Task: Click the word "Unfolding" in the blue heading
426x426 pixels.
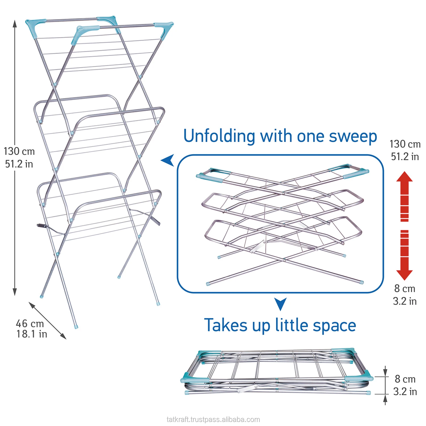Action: pos(219,136)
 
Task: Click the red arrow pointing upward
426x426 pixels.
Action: pos(404,196)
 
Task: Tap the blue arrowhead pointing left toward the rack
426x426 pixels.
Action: pos(168,160)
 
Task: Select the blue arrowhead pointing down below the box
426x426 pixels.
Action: pos(280,304)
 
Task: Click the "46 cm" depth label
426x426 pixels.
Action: pos(30,323)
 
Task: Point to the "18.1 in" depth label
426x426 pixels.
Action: pos(32,334)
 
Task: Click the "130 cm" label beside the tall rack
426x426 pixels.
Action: pos(19,151)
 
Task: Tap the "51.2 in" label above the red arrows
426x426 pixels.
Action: pos(405,156)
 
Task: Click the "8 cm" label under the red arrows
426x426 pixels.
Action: pos(405,289)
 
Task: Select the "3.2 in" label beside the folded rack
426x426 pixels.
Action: pos(405,392)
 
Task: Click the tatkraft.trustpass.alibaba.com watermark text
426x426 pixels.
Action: pos(213,419)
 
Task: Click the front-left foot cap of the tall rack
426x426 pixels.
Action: pos(76,327)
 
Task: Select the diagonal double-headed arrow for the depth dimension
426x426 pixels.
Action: pos(47,321)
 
